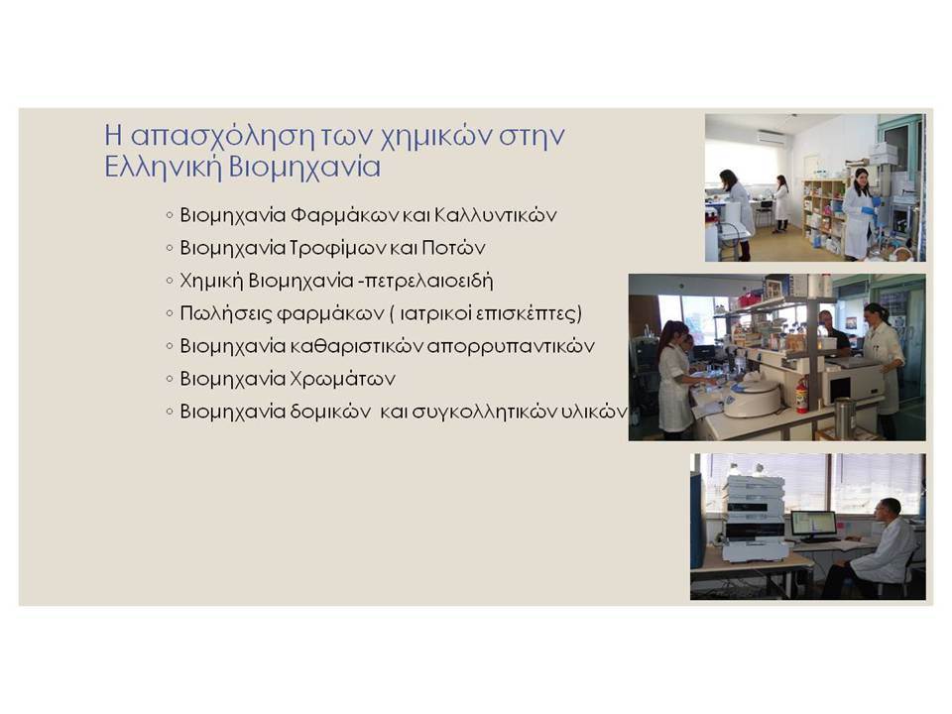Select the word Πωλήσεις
coord(225,314)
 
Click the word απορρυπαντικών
coord(511,347)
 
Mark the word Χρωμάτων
coord(342,380)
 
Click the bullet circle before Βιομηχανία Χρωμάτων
coord(170,379)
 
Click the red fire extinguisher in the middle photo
coord(801,396)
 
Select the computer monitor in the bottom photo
coord(813,526)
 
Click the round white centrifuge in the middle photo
coord(753,398)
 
